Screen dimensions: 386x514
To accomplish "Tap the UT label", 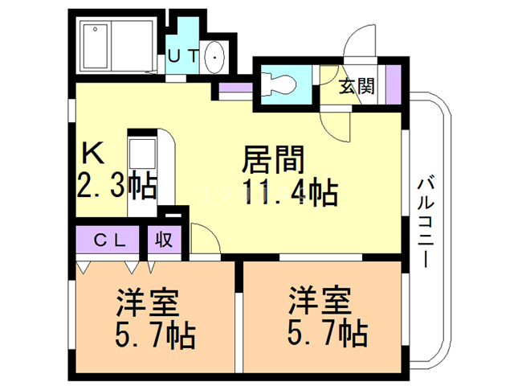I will click(x=184, y=55).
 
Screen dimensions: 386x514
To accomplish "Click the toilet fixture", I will click(x=278, y=84).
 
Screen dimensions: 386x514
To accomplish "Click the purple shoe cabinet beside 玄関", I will click(x=393, y=84).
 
